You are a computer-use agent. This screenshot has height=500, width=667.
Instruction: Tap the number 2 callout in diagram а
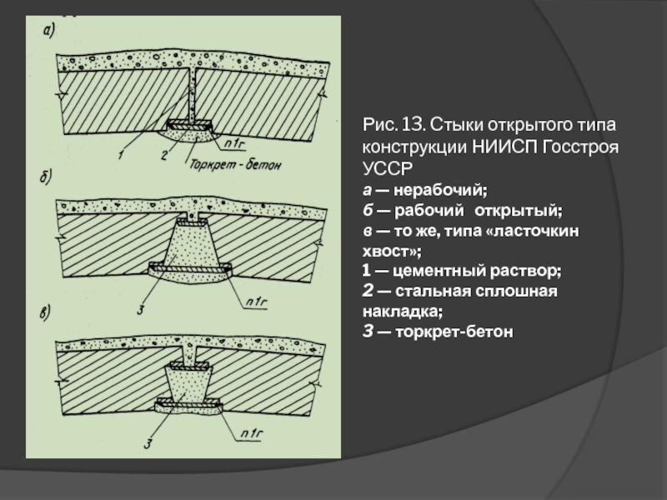[164, 155]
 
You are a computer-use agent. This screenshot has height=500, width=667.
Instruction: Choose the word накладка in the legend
[400, 312]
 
